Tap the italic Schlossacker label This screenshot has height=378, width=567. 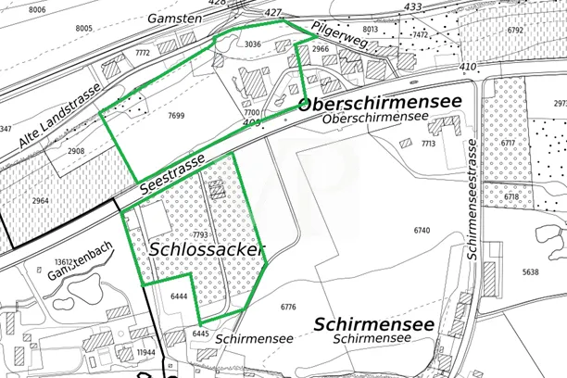(207, 250)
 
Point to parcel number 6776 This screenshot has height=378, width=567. (287, 307)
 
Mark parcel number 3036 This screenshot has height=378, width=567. (253, 44)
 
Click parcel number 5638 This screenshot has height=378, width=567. (529, 272)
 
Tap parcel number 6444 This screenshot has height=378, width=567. (180, 296)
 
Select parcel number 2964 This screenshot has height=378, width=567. (40, 200)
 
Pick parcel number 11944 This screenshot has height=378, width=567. (145, 353)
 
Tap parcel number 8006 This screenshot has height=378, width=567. (37, 8)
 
